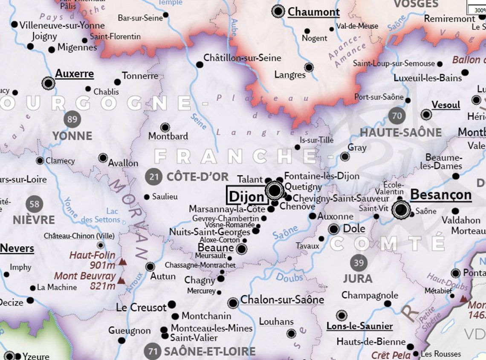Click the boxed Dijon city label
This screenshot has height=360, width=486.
(247, 196)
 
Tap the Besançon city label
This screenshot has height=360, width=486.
(440, 195)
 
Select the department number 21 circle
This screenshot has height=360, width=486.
(153, 177)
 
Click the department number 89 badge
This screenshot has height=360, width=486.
(72, 119)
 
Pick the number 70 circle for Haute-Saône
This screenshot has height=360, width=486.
(397, 116)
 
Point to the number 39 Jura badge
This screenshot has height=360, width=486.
(359, 262)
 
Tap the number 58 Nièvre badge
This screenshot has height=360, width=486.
(34, 204)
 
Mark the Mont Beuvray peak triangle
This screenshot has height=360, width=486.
(121, 281)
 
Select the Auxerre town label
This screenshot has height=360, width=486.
(75, 74)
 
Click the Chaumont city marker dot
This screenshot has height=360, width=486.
(278, 11)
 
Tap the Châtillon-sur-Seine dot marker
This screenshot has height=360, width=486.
(200, 65)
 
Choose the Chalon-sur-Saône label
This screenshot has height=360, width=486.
(282, 300)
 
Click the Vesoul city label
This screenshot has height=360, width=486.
(446, 105)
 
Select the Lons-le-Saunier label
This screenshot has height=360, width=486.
(359, 326)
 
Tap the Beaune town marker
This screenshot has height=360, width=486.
(241, 249)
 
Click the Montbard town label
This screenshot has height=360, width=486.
(168, 136)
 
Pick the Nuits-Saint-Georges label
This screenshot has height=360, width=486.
(210, 232)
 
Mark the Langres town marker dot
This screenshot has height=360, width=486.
(309, 67)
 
